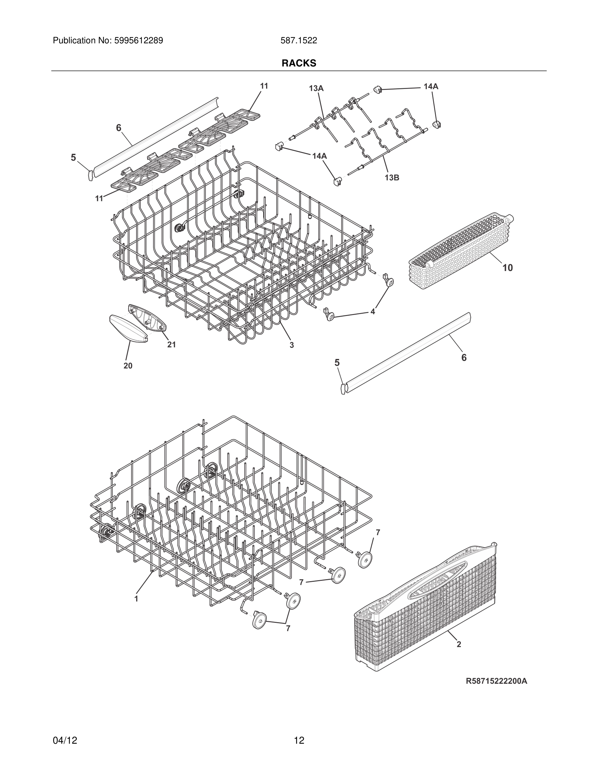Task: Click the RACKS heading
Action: (x=299, y=63)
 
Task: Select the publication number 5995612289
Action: (x=138, y=41)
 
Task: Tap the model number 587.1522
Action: (x=299, y=41)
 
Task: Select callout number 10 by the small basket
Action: (x=507, y=268)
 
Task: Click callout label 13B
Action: (x=392, y=178)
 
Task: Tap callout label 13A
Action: (x=316, y=88)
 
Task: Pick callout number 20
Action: (x=128, y=366)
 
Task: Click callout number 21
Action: (x=171, y=344)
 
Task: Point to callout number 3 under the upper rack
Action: (x=292, y=345)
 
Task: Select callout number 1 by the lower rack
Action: (x=136, y=599)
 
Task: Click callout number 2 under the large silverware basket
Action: (x=459, y=645)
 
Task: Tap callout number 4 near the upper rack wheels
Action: (x=373, y=311)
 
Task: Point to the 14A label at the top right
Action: (x=431, y=86)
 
